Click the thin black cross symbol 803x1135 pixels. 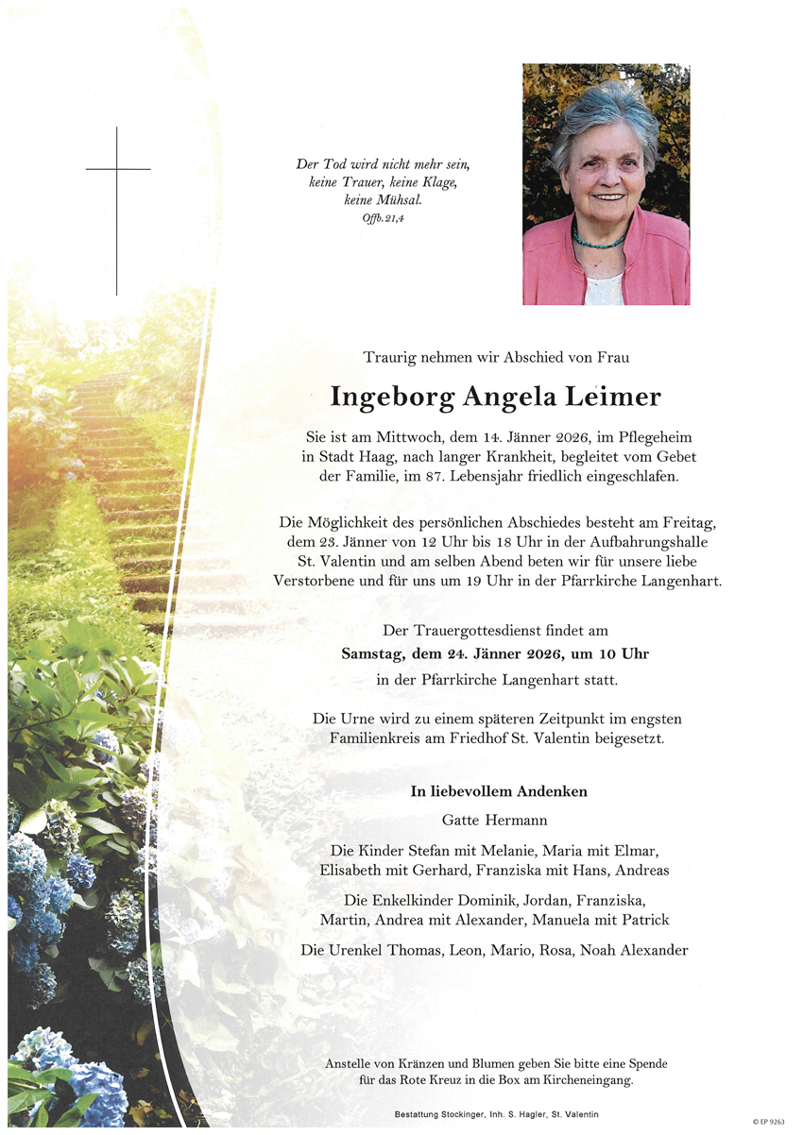[117, 170]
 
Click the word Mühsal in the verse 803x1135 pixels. [397, 200]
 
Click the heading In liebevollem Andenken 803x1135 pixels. [499, 791]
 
